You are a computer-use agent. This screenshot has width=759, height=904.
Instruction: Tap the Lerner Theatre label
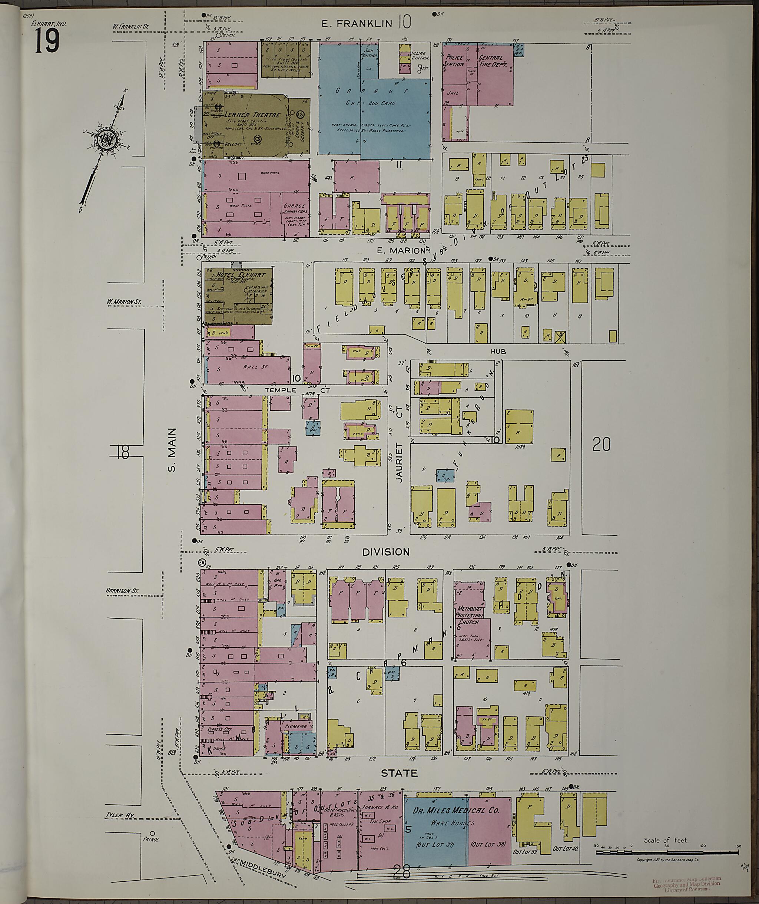tap(246, 115)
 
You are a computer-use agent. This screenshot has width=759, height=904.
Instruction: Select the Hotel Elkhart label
tap(241, 275)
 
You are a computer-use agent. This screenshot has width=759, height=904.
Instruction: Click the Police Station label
tap(455, 61)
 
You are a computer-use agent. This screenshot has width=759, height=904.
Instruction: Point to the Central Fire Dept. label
tap(494, 61)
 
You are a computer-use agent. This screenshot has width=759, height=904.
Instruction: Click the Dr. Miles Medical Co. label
tap(455, 810)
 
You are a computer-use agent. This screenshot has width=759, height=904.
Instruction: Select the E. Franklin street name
tap(357, 23)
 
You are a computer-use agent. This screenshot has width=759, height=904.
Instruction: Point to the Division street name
tap(385, 552)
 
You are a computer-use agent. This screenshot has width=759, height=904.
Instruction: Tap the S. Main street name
tap(172, 449)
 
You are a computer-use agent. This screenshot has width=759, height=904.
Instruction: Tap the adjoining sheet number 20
tap(601, 444)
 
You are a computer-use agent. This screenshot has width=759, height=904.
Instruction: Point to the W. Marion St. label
tap(124, 302)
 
